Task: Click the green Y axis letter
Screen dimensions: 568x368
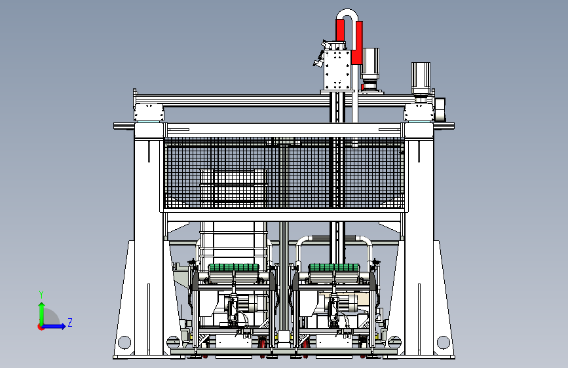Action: point(41,295)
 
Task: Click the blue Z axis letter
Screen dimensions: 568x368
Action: point(70,322)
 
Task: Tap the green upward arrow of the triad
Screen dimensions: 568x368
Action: point(42,314)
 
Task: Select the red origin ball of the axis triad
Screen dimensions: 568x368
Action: point(41,327)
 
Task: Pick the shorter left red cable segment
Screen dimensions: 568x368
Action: point(340,30)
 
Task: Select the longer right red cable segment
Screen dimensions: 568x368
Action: point(358,43)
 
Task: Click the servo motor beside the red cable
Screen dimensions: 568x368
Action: point(370,69)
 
